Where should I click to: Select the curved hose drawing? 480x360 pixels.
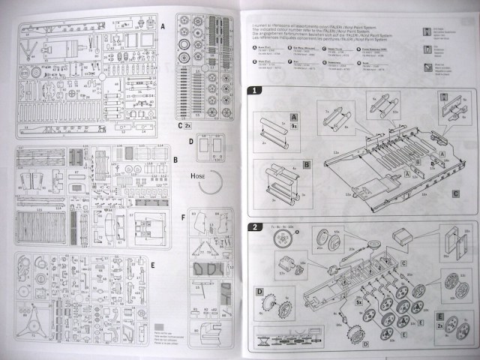coord(214,182)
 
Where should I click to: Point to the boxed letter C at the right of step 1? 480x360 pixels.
coord(455,193)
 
